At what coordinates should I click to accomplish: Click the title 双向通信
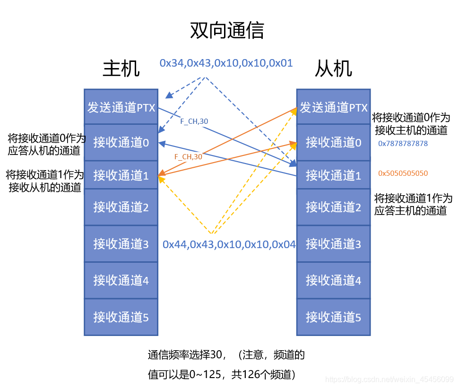pos(227,30)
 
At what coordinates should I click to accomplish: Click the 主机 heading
pos(121,69)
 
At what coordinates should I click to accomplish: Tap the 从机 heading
pos(333,69)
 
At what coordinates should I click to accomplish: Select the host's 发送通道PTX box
pos(121,107)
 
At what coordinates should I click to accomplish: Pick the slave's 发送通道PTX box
pos(333,107)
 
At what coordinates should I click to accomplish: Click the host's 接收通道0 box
pos(121,142)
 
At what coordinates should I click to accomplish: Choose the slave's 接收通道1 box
pos(333,175)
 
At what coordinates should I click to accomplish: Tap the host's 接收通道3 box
pos(121,244)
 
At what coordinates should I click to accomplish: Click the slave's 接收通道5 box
pos(333,317)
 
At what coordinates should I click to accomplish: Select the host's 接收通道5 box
pos(121,317)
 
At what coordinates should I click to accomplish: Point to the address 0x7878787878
pos(403,143)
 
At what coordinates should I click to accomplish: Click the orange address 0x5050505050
pos(403,173)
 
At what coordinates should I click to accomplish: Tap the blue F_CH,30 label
pos(194,121)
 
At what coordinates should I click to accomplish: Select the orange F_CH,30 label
pos(188,156)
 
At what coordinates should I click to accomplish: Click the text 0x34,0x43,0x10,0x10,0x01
pos(226,63)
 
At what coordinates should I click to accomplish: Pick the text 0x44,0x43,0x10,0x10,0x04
pos(229,244)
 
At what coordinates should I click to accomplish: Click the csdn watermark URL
pos(390,379)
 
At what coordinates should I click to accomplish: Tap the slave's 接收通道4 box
pos(333,280)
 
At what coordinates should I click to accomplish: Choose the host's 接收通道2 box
pos(121,207)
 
